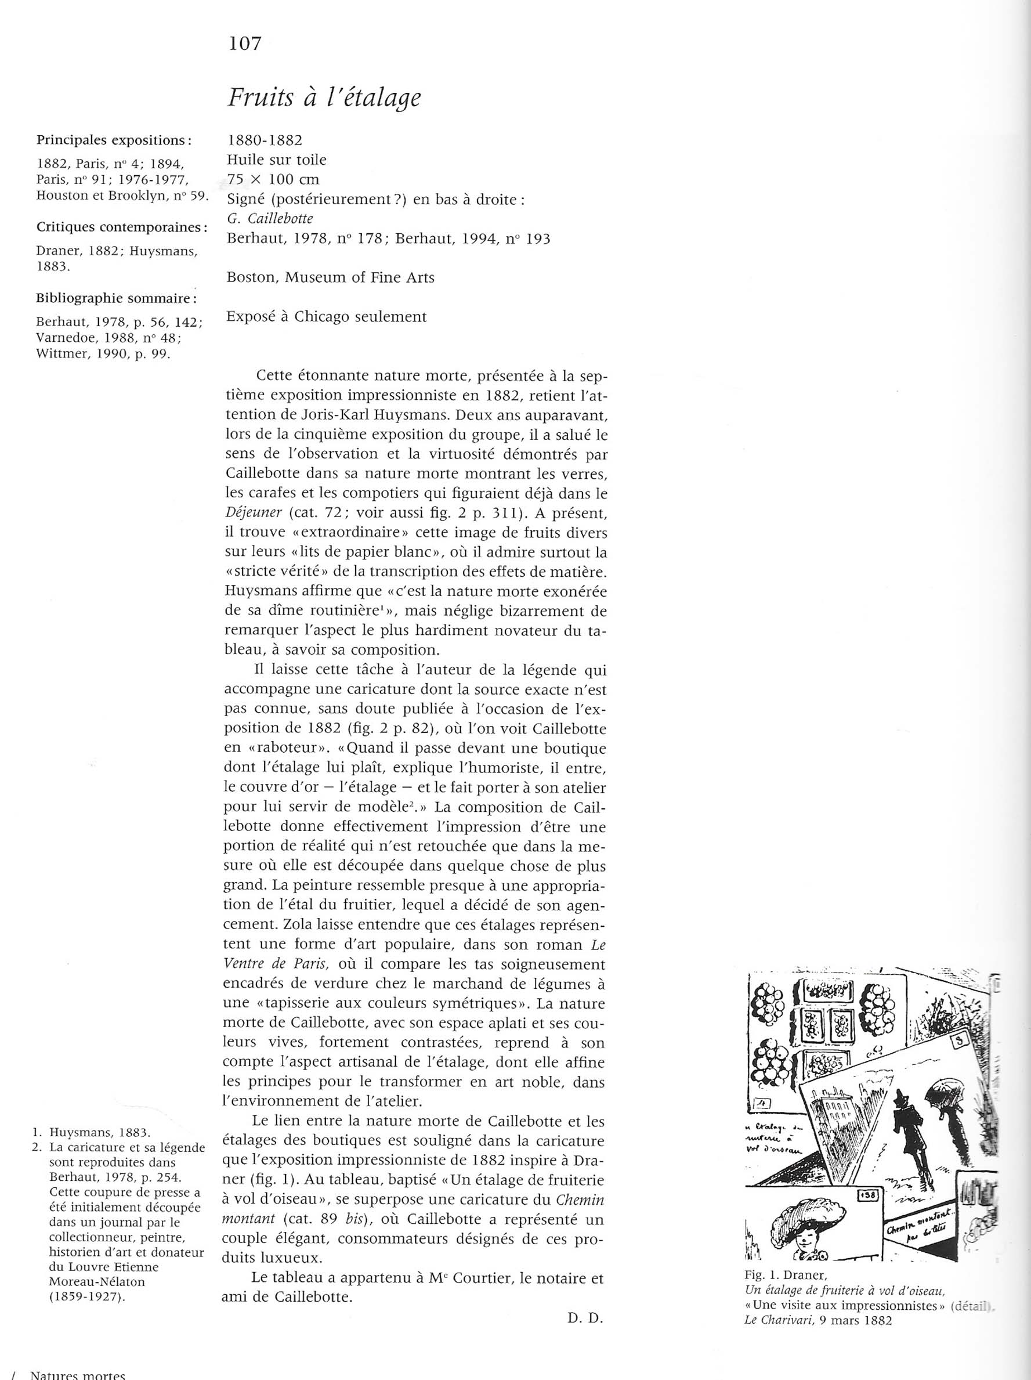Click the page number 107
pos(244,44)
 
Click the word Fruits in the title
pos(256,97)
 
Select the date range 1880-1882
pos(265,140)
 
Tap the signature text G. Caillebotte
pos(270,218)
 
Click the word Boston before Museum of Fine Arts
pos(251,277)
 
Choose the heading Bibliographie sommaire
pos(117,298)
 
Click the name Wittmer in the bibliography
pos(59,355)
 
